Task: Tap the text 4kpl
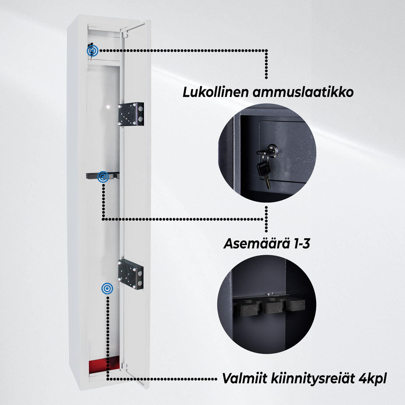click(371, 379)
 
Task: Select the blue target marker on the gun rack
click(103, 177)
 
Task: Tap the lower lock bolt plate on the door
click(131, 273)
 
